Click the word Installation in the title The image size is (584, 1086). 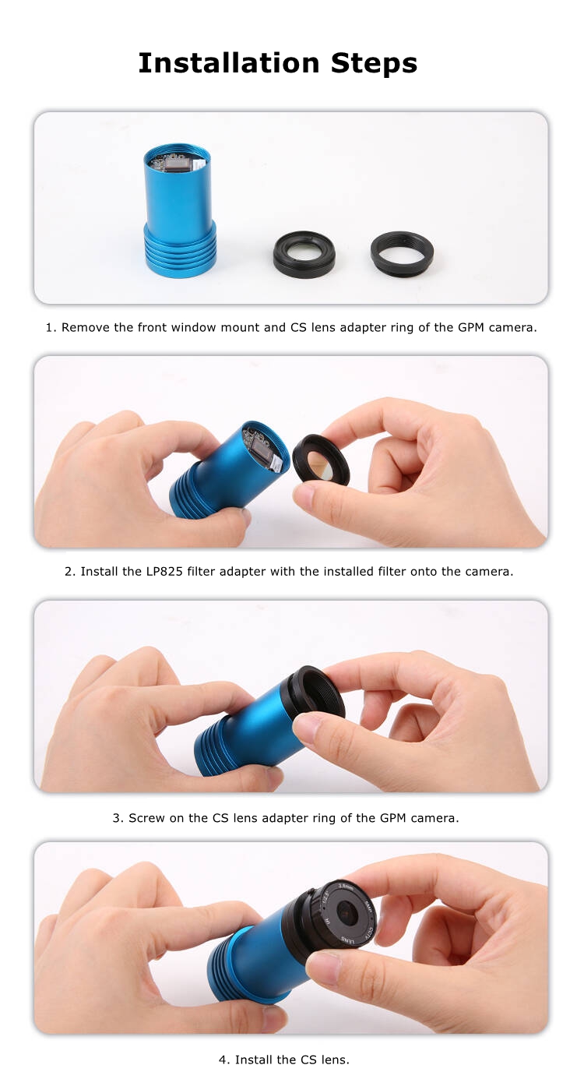point(229,64)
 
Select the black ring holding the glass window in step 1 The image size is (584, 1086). point(304,254)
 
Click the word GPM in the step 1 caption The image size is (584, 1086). point(471,328)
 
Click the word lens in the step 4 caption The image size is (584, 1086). point(333,1060)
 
